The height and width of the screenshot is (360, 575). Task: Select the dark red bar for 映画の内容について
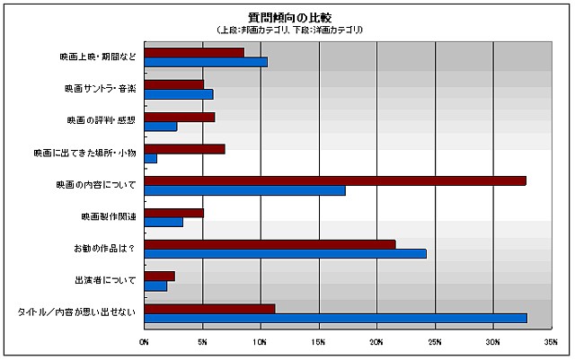(x=335, y=180)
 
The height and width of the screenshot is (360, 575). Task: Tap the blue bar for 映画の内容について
(x=244, y=190)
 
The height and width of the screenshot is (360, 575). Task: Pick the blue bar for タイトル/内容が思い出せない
(x=335, y=318)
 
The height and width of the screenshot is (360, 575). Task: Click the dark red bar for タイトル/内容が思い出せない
(x=209, y=308)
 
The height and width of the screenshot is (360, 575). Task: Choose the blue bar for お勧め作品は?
(x=285, y=254)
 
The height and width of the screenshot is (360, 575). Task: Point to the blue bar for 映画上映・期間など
(x=206, y=62)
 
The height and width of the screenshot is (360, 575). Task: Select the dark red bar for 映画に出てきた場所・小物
(x=184, y=148)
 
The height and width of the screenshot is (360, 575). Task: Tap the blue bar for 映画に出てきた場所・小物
(x=151, y=158)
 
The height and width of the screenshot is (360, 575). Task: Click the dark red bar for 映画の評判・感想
(x=180, y=117)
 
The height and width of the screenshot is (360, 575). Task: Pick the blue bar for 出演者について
(x=155, y=286)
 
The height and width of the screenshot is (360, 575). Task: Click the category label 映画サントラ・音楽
(x=101, y=90)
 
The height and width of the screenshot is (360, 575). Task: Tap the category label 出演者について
(x=107, y=280)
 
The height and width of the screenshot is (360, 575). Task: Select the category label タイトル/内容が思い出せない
(x=76, y=312)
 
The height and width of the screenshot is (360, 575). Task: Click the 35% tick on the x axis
(x=551, y=342)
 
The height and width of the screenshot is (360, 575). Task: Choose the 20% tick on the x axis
(x=376, y=342)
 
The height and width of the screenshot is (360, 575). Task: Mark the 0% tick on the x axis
(x=145, y=342)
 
